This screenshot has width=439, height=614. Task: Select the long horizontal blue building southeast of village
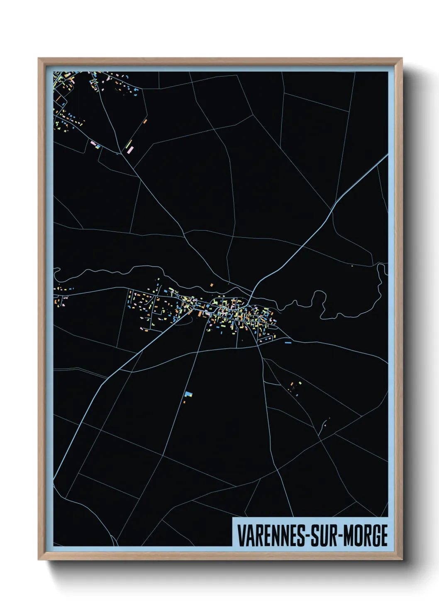[x=288, y=343]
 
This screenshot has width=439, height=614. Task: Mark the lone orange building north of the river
[x=211, y=285]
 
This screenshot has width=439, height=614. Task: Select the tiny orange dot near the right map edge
[x=352, y=266]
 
